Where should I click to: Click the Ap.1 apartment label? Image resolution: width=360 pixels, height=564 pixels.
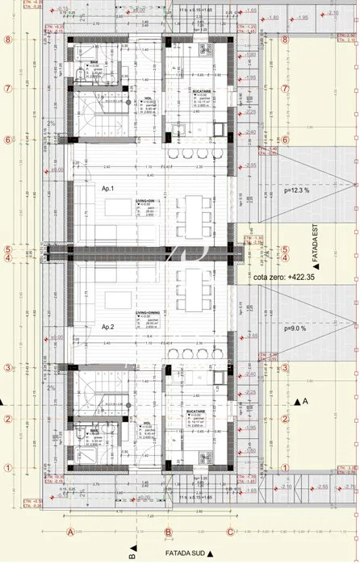click(107, 188)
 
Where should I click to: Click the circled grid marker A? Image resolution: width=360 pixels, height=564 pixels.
click(71, 532)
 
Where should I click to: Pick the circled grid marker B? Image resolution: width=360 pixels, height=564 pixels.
click(168, 532)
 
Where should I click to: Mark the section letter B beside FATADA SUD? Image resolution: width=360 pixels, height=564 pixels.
click(131, 554)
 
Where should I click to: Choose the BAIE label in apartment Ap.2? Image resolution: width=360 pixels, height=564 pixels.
click(94, 431)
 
